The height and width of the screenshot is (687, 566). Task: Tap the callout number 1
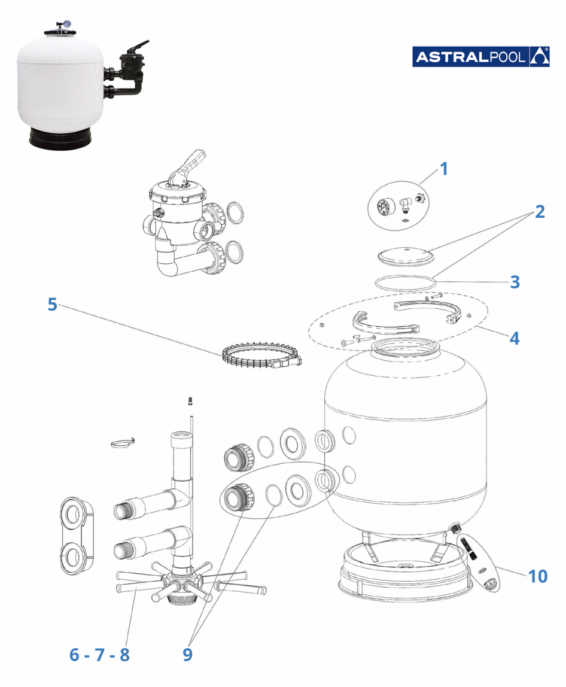coord(443,169)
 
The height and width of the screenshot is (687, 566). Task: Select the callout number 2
coord(539,211)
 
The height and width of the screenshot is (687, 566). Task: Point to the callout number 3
coord(515,281)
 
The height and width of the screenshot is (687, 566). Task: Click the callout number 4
coord(515,338)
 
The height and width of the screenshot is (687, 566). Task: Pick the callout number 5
coord(53,304)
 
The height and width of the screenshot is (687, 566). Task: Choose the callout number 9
coord(187,654)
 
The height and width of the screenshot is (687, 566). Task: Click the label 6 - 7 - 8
coord(99,654)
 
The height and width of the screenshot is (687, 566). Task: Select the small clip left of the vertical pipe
coord(121,442)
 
